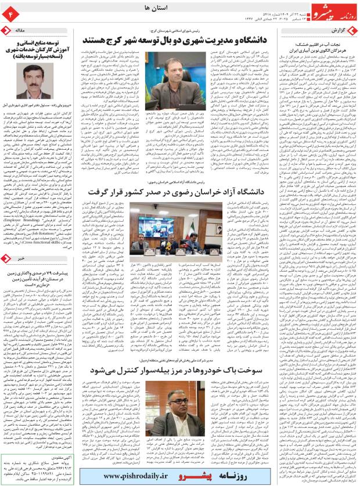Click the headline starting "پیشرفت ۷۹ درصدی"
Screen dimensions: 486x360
pyautogui.click(x=46, y=279)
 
